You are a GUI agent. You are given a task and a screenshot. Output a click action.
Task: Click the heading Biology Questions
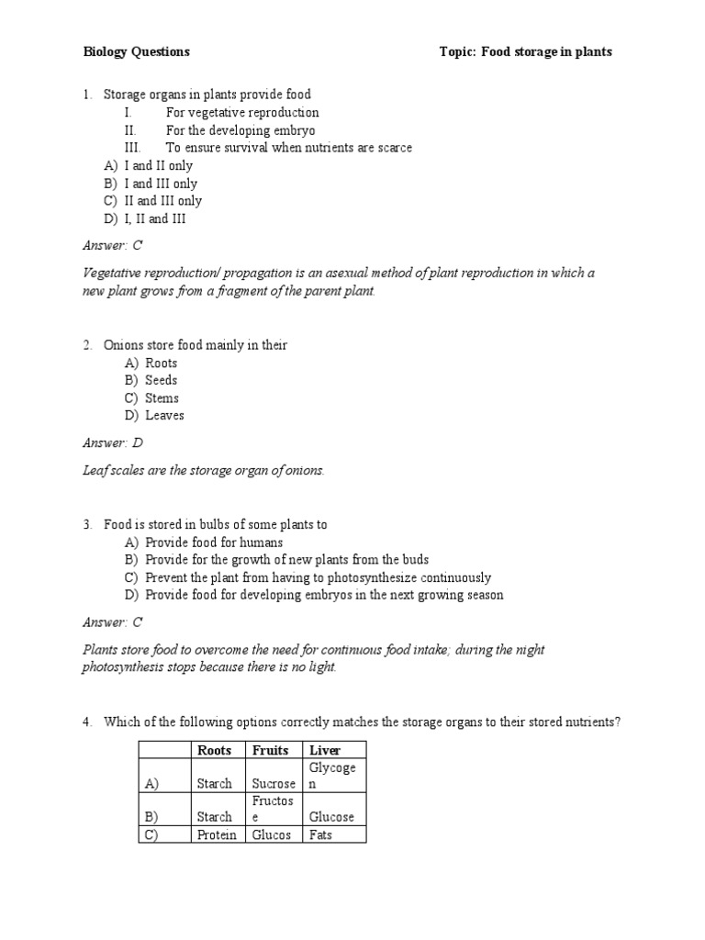(x=136, y=52)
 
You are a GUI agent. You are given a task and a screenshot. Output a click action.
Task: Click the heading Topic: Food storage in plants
(x=525, y=52)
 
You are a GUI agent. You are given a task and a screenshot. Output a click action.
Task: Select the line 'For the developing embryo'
(x=241, y=130)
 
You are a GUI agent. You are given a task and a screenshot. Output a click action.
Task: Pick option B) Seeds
(x=151, y=380)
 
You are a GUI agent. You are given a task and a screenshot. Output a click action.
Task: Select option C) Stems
(x=151, y=398)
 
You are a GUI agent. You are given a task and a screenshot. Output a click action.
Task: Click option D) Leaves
(x=154, y=416)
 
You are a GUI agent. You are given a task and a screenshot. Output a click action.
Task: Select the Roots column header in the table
(x=215, y=750)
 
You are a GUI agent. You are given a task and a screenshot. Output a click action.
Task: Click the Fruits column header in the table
(x=271, y=750)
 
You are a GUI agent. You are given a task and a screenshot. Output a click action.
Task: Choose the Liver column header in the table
(x=325, y=750)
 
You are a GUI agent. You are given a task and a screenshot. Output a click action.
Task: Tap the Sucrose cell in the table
(x=274, y=784)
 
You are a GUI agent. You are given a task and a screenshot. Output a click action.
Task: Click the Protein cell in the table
(x=217, y=834)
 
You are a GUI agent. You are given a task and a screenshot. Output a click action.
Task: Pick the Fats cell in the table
(x=320, y=834)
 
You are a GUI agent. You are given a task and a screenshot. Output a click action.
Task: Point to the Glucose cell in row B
(x=331, y=817)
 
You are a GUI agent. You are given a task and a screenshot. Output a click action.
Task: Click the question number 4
(x=86, y=722)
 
